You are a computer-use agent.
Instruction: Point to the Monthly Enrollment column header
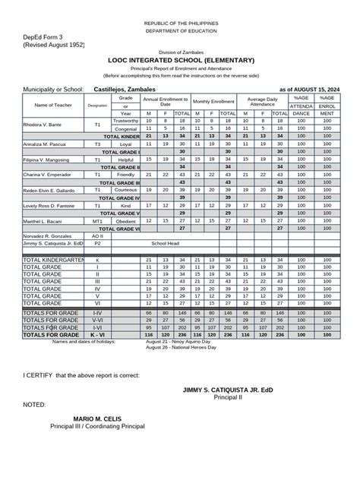(213, 101)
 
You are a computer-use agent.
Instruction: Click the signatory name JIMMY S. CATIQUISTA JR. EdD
(227, 389)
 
